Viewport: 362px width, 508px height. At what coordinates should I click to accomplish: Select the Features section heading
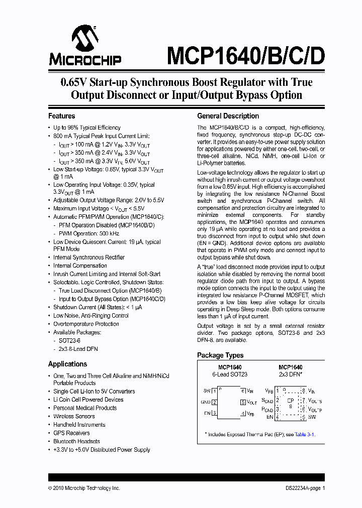click(x=61, y=116)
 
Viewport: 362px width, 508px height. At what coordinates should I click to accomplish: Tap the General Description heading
click(x=228, y=116)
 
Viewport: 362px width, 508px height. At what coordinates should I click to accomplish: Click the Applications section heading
click(x=67, y=364)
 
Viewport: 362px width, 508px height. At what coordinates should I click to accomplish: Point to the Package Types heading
click(x=220, y=355)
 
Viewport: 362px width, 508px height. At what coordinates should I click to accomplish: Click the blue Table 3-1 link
click(x=305, y=435)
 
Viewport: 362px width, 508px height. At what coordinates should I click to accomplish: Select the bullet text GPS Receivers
click(x=71, y=433)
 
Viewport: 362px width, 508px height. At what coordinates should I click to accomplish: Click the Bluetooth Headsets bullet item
click(x=76, y=441)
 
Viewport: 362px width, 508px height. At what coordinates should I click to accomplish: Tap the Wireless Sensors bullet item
click(x=74, y=416)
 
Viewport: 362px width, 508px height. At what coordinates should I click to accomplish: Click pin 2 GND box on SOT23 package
click(x=214, y=402)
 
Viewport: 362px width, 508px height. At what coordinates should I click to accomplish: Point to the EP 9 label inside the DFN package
click(x=290, y=403)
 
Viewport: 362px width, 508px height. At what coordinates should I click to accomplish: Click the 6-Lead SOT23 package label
click(x=229, y=374)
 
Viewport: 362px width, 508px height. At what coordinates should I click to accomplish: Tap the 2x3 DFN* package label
click(x=290, y=374)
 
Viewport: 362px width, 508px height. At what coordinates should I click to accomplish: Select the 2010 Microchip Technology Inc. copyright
click(x=84, y=488)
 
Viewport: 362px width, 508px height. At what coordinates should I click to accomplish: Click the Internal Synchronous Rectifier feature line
click(x=89, y=257)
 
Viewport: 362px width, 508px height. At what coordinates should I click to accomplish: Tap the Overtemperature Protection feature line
click(x=86, y=324)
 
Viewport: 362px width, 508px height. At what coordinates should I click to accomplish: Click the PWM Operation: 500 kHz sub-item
click(x=85, y=233)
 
